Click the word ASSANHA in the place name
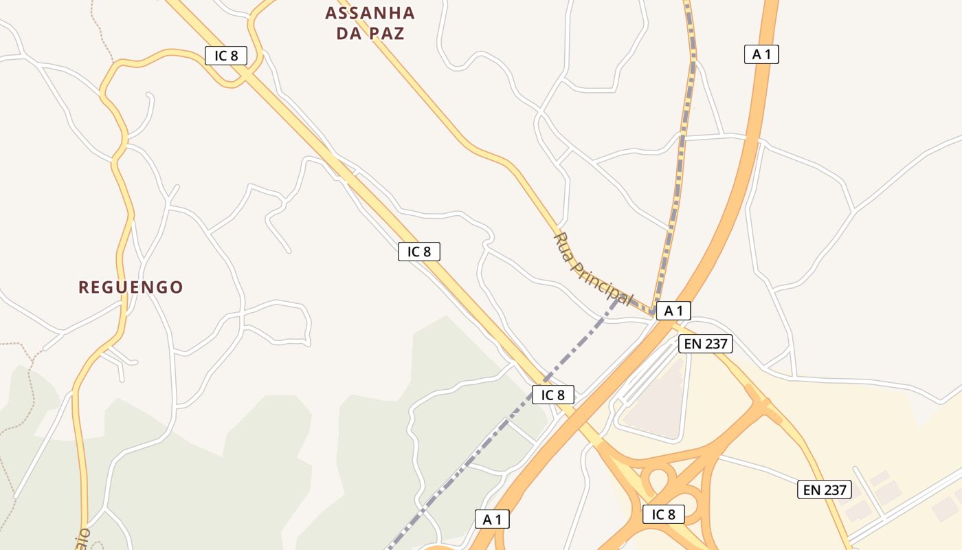(370, 13)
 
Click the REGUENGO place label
(131, 287)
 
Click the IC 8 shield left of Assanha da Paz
(225, 56)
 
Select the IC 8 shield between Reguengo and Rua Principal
(418, 252)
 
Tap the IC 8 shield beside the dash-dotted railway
(552, 395)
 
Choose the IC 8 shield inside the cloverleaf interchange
(663, 514)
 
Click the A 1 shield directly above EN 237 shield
(673, 311)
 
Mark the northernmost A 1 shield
(761, 54)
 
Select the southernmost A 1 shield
(492, 519)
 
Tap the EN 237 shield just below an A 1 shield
(705, 344)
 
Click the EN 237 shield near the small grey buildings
(825, 489)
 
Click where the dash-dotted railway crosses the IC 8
(544, 379)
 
